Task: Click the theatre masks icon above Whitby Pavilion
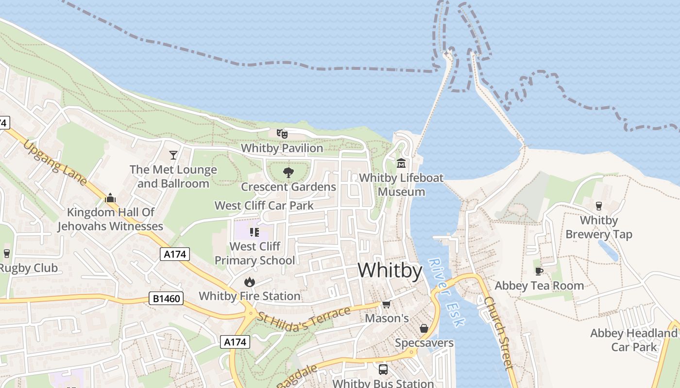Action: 282,133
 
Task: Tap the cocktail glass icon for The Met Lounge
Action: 173,155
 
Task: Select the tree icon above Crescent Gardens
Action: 289,172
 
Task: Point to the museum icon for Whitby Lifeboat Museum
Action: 401,163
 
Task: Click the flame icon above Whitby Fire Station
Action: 249,282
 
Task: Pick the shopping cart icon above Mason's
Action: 386,304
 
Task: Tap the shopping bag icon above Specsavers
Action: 424,328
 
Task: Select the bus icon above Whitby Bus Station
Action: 383,370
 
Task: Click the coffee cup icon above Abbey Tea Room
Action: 539,271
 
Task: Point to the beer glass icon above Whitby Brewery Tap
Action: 598,206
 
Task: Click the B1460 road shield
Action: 166,299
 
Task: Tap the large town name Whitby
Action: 390,270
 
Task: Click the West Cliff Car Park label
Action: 264,206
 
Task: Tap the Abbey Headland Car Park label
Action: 633,340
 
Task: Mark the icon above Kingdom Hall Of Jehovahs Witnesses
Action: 110,198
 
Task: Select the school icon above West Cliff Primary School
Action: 255,232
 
